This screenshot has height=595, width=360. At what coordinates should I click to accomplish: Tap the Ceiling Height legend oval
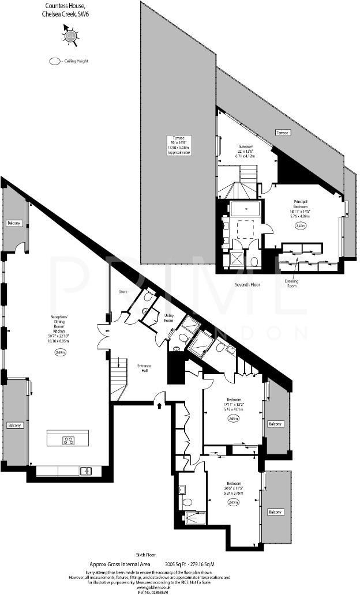(55, 61)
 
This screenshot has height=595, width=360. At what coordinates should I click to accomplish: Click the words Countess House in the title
(62, 4)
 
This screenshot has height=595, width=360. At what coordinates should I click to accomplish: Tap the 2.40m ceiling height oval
(300, 227)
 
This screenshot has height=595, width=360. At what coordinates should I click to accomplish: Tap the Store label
(122, 292)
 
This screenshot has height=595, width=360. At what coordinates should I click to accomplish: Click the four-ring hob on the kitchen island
(68, 441)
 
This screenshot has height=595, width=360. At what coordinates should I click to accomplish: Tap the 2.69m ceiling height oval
(61, 352)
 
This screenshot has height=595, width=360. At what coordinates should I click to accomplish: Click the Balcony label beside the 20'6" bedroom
(276, 512)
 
